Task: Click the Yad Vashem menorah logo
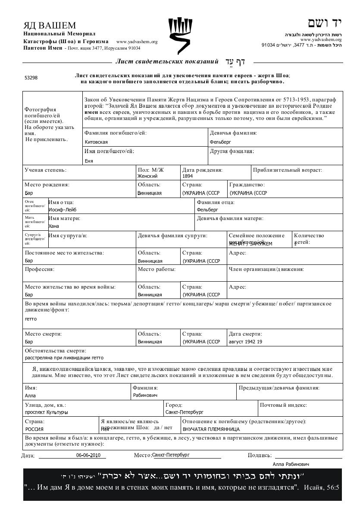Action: pyautogui.click(x=180, y=35)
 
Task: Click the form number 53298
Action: pyautogui.click(x=31, y=78)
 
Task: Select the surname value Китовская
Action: pyautogui.click(x=97, y=142)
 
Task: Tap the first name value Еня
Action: pyautogui.click(x=89, y=161)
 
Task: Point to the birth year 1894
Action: pyautogui.click(x=188, y=176)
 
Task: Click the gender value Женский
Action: pyautogui.click(x=147, y=176)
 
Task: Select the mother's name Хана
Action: pyautogui.click(x=54, y=226)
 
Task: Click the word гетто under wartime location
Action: pyautogui.click(x=31, y=319)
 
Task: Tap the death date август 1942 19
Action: pyautogui.click(x=245, y=342)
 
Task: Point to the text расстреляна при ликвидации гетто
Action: pyautogui.click(x=64, y=358)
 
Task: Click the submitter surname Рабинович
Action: pyautogui.click(x=145, y=395)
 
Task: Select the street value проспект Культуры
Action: pyautogui.click(x=47, y=412)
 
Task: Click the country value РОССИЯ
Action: pyautogui.click(x=34, y=429)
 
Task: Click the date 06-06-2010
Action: pyautogui.click(x=88, y=455)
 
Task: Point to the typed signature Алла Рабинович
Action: pyautogui.click(x=291, y=464)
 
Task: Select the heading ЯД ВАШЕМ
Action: pyautogui.click(x=50, y=25)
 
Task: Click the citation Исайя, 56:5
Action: pyautogui.click(x=322, y=488)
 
